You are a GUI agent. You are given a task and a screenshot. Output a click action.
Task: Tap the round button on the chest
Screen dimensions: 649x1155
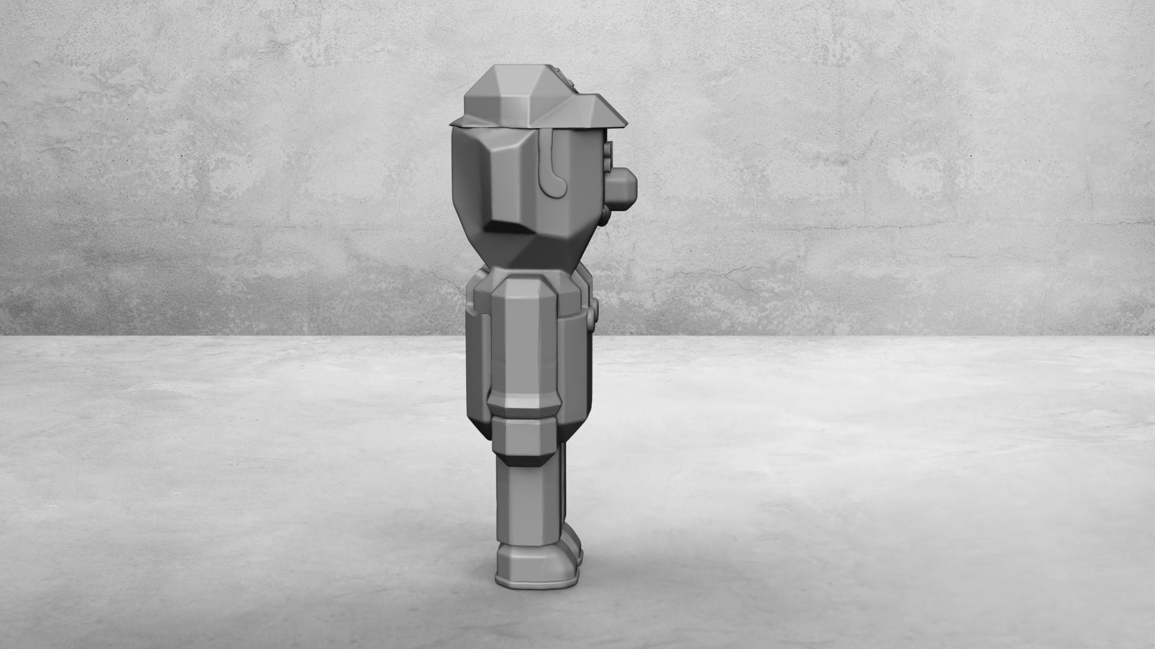tap(597, 311)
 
